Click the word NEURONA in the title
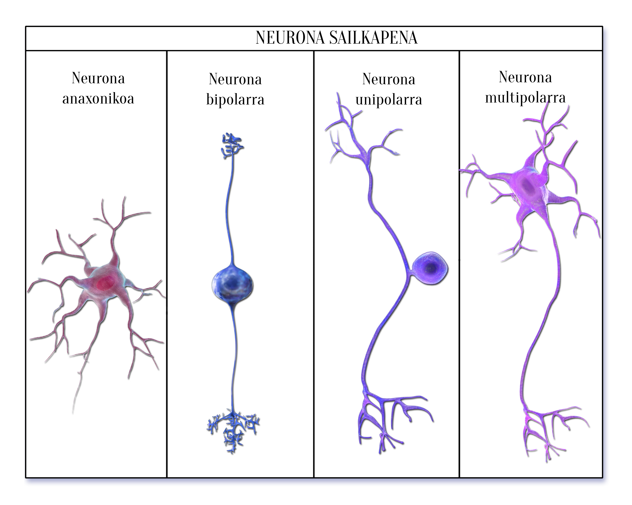[290, 38]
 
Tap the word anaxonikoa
[98, 98]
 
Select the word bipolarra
[235, 100]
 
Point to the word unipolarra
[389, 100]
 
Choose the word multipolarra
[525, 98]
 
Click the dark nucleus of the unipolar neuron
[431, 267]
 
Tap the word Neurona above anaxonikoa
[98, 78]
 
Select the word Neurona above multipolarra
[525, 77]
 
